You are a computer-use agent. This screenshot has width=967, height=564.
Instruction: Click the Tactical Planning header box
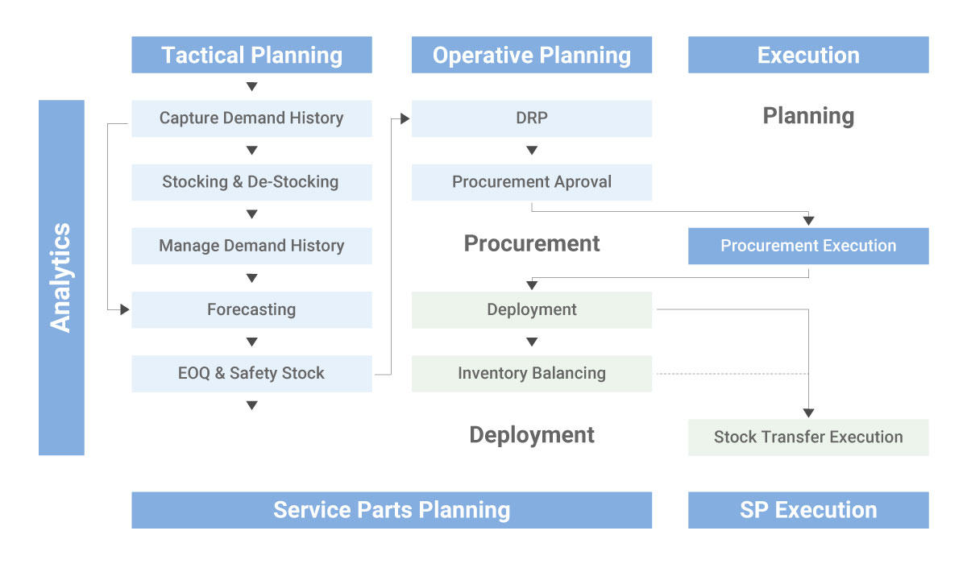click(x=251, y=55)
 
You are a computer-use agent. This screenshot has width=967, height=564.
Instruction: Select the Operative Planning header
click(x=531, y=55)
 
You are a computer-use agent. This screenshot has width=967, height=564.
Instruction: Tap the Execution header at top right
click(x=808, y=55)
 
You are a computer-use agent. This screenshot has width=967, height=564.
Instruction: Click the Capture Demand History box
click(x=251, y=118)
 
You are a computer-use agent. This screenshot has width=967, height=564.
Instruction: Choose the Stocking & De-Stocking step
click(x=251, y=182)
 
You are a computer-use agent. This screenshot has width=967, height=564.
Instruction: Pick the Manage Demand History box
click(x=251, y=246)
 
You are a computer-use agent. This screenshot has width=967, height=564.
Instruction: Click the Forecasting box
click(x=251, y=309)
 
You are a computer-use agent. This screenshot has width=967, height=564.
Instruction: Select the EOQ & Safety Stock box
click(x=251, y=373)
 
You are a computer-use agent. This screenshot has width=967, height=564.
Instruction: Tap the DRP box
click(x=531, y=118)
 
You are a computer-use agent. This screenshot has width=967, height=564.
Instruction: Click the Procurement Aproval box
click(x=531, y=182)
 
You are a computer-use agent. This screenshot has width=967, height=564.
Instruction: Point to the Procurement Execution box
click(x=808, y=246)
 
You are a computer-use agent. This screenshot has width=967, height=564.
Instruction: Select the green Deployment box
click(x=531, y=309)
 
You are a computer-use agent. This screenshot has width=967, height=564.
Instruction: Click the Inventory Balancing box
click(x=531, y=373)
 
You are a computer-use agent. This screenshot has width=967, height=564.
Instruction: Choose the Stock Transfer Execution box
click(x=808, y=438)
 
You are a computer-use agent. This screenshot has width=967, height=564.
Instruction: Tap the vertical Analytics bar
click(x=61, y=277)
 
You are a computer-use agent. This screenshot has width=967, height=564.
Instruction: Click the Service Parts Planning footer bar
click(x=392, y=510)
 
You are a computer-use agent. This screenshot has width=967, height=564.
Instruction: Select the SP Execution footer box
click(x=808, y=510)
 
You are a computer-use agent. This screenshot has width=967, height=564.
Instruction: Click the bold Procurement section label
click(x=532, y=243)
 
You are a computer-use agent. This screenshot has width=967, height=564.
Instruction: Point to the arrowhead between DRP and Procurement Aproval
click(x=532, y=151)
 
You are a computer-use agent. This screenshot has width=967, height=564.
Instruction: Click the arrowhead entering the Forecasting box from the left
click(x=125, y=309)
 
